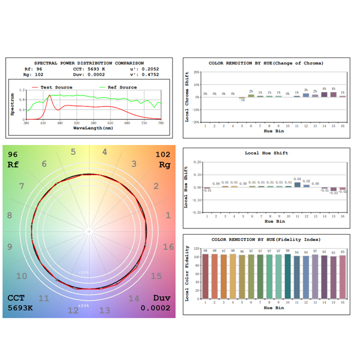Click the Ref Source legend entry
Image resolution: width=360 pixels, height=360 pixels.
click(x=122, y=87)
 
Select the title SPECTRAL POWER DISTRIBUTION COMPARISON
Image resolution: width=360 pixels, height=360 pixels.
click(x=89, y=63)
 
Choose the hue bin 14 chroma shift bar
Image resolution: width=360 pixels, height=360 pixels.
click(x=324, y=94)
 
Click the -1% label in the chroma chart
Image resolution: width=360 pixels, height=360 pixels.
click(x=242, y=100)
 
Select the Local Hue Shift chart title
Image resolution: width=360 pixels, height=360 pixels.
click(x=266, y=153)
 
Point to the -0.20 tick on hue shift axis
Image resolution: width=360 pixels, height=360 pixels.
click(x=197, y=212)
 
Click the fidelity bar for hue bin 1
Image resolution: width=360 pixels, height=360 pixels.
click(x=206, y=276)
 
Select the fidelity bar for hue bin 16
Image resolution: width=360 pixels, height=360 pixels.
click(x=343, y=277)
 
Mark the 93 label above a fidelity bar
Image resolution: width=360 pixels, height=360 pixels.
click(x=333, y=253)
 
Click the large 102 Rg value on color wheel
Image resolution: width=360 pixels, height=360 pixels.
click(x=162, y=154)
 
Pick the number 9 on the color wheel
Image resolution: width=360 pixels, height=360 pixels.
click(x=9, y=246)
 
